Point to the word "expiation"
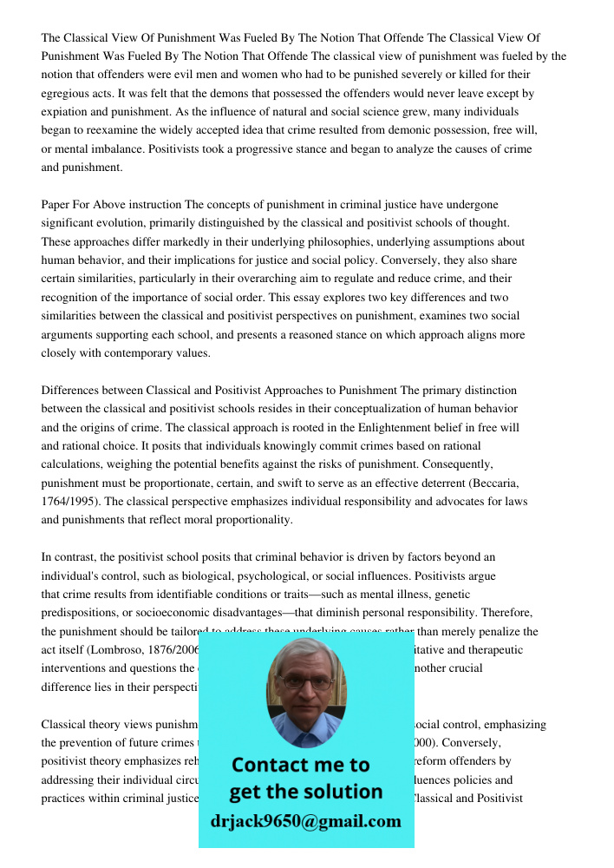(x=65, y=112)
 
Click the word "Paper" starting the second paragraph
(x=56, y=205)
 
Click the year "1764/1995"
(x=69, y=502)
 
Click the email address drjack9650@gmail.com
(x=306, y=821)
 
